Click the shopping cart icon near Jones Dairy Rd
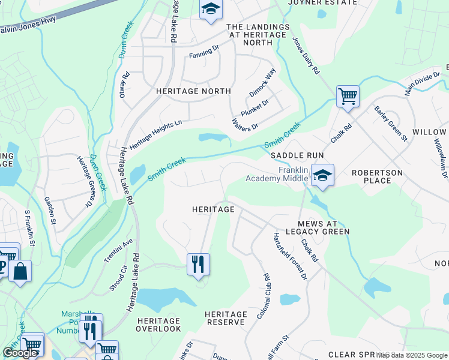click(347, 97)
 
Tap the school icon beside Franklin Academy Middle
click(322, 176)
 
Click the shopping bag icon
click(20, 271)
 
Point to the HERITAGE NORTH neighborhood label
click(193, 91)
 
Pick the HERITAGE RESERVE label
click(226, 319)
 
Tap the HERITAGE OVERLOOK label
click(158, 325)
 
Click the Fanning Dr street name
click(204, 52)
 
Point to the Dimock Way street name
click(262, 82)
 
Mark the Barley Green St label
click(391, 123)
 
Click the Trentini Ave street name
click(120, 252)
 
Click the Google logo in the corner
click(20, 352)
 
